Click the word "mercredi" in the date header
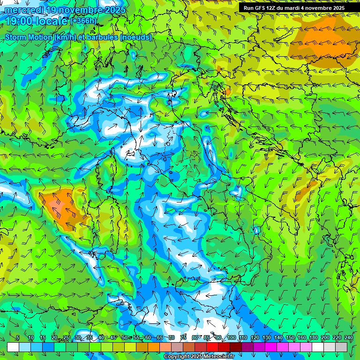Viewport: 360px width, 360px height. [22, 10]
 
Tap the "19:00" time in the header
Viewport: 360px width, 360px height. [19, 21]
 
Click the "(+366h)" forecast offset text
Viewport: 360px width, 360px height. [84, 21]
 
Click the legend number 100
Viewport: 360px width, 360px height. [232, 338]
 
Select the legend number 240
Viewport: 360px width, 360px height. [349, 338]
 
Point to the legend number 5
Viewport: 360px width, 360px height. [18, 338]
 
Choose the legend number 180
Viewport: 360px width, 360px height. [314, 338]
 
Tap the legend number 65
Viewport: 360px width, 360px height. [160, 338]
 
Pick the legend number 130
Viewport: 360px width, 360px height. [267, 338]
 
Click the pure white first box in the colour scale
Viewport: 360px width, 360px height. [13, 347]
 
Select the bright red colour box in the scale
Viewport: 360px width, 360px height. [212, 347]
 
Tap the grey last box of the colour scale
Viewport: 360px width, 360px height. [341, 347]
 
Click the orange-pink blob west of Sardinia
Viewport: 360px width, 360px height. [60, 203]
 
